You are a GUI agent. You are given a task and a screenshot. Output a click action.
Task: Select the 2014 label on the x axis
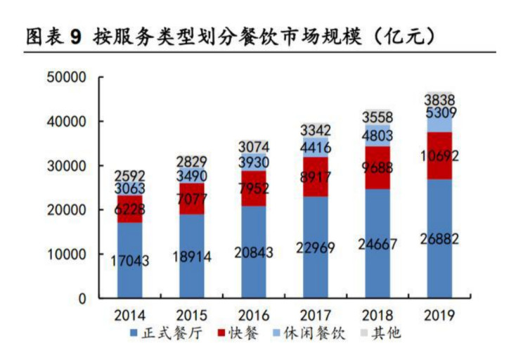129,314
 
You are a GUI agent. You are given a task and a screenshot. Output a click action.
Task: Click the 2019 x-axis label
439,314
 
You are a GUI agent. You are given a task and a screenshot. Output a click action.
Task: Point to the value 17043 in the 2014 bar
129,260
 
